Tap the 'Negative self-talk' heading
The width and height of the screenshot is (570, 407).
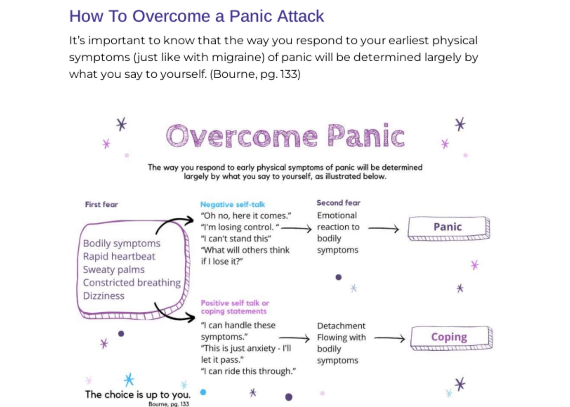pos(233,204)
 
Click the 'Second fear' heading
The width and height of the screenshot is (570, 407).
pos(338,203)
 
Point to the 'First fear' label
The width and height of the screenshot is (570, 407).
pos(101,204)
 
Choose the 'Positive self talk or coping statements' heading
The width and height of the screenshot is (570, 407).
pos(235,307)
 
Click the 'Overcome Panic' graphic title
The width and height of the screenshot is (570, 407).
pos(285,136)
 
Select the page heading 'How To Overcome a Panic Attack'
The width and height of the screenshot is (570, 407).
pos(196,16)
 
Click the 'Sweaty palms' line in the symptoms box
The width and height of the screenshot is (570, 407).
pos(114,269)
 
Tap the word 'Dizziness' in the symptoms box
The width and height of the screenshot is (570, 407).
pos(104,296)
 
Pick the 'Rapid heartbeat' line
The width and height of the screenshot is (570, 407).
pos(119,256)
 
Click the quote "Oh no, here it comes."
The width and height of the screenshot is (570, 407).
pos(246,215)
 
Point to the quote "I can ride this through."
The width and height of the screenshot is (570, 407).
pos(248,371)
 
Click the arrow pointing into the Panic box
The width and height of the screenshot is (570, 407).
pos(383,228)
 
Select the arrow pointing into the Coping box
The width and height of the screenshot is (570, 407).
pos(389,338)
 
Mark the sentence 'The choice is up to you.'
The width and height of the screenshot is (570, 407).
pos(138,394)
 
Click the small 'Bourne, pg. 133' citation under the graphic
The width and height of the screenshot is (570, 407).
pos(168,404)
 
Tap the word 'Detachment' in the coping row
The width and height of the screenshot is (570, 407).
pos(341,326)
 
